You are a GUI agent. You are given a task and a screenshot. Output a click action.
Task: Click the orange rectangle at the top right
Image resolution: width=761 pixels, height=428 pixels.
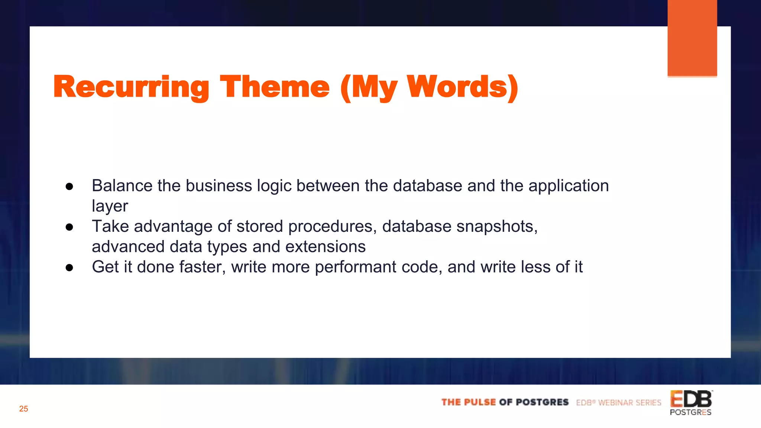point(692,37)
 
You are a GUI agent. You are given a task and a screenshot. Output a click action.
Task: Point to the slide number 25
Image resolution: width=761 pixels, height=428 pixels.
point(23,409)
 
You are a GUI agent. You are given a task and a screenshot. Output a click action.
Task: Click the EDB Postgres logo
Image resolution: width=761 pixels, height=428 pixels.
point(691,403)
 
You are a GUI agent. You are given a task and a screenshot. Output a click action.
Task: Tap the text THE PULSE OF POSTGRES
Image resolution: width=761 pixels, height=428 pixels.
point(505,402)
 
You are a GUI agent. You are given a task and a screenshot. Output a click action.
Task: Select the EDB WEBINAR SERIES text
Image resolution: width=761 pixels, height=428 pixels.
point(618,403)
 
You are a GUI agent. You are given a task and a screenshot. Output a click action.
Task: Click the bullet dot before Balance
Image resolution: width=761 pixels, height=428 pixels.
point(69,187)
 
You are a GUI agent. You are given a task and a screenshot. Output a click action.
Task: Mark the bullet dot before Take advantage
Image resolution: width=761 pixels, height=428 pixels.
point(69,227)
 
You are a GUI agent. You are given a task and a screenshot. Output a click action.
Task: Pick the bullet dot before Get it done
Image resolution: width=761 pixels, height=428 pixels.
point(69,267)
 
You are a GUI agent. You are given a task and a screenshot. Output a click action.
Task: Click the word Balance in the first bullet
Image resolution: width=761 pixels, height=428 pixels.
point(122,186)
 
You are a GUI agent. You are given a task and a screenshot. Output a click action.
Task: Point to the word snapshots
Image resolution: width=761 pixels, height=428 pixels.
point(496,227)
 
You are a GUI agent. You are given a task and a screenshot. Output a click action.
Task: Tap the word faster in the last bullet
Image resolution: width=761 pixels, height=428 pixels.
point(202,267)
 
